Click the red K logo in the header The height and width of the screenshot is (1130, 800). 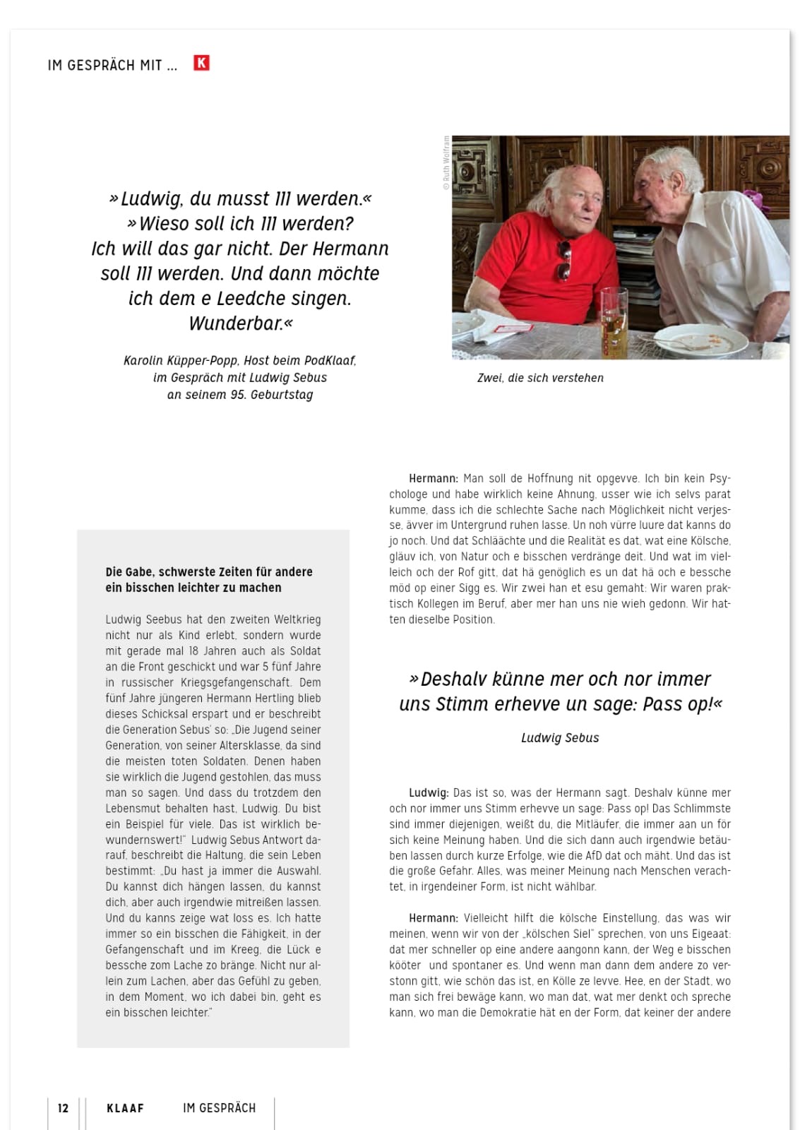click(201, 64)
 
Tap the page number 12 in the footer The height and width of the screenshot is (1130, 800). click(63, 1108)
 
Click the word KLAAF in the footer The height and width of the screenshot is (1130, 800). click(125, 1108)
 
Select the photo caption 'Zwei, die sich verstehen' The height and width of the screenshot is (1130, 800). click(540, 378)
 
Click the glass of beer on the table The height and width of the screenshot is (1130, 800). click(612, 321)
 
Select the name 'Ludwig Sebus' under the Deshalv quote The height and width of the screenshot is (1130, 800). click(560, 738)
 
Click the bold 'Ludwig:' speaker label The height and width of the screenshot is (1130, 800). click(429, 793)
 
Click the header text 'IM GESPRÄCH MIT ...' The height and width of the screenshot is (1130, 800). click(112, 66)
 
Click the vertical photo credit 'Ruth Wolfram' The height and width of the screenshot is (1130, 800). click(446, 164)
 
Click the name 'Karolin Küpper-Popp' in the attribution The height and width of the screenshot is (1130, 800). click(179, 361)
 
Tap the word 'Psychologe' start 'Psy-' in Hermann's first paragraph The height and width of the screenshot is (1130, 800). click(720, 479)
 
